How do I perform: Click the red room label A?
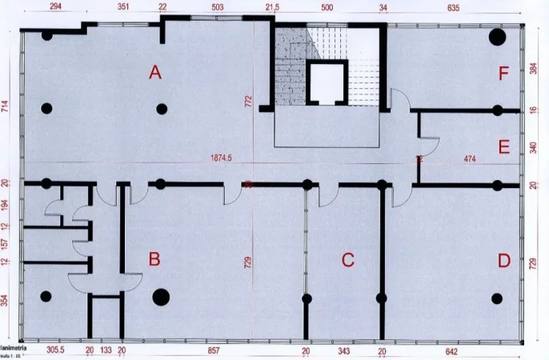click(155, 73)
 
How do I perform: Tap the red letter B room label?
click(155, 259)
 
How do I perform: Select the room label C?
click(347, 259)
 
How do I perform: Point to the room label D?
click(503, 259)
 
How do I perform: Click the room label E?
click(503, 147)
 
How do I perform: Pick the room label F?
click(503, 74)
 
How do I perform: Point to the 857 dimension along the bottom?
click(213, 350)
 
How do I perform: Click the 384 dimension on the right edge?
click(534, 68)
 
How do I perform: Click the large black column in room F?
click(497, 37)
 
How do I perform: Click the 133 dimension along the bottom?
click(106, 350)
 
